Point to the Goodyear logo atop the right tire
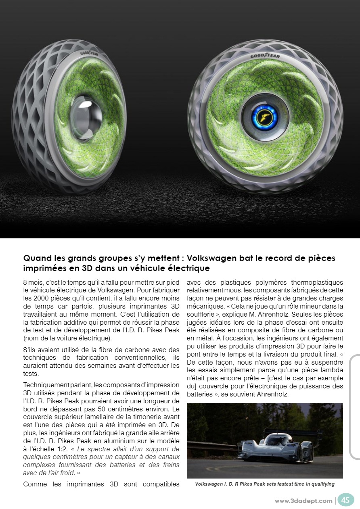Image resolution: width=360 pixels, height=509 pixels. click(265, 55)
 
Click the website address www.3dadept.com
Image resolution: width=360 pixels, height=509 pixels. click(303, 501)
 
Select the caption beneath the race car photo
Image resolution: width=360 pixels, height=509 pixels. click(265, 484)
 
